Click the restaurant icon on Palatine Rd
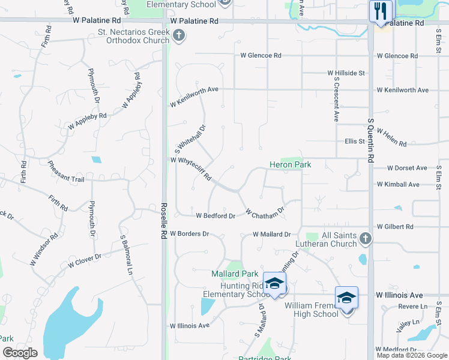click(x=381, y=11)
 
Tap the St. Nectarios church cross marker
click(x=178, y=37)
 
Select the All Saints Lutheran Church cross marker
click(x=366, y=240)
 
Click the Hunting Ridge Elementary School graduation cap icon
click(x=274, y=284)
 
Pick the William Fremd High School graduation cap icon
click(x=346, y=298)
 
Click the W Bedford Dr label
click(x=215, y=215)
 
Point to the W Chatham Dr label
click(x=264, y=213)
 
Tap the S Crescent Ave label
click(x=336, y=100)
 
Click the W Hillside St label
click(x=346, y=73)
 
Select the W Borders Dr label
click(x=189, y=233)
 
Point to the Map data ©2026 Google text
click(x=411, y=355)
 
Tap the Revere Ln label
click(x=415, y=307)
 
